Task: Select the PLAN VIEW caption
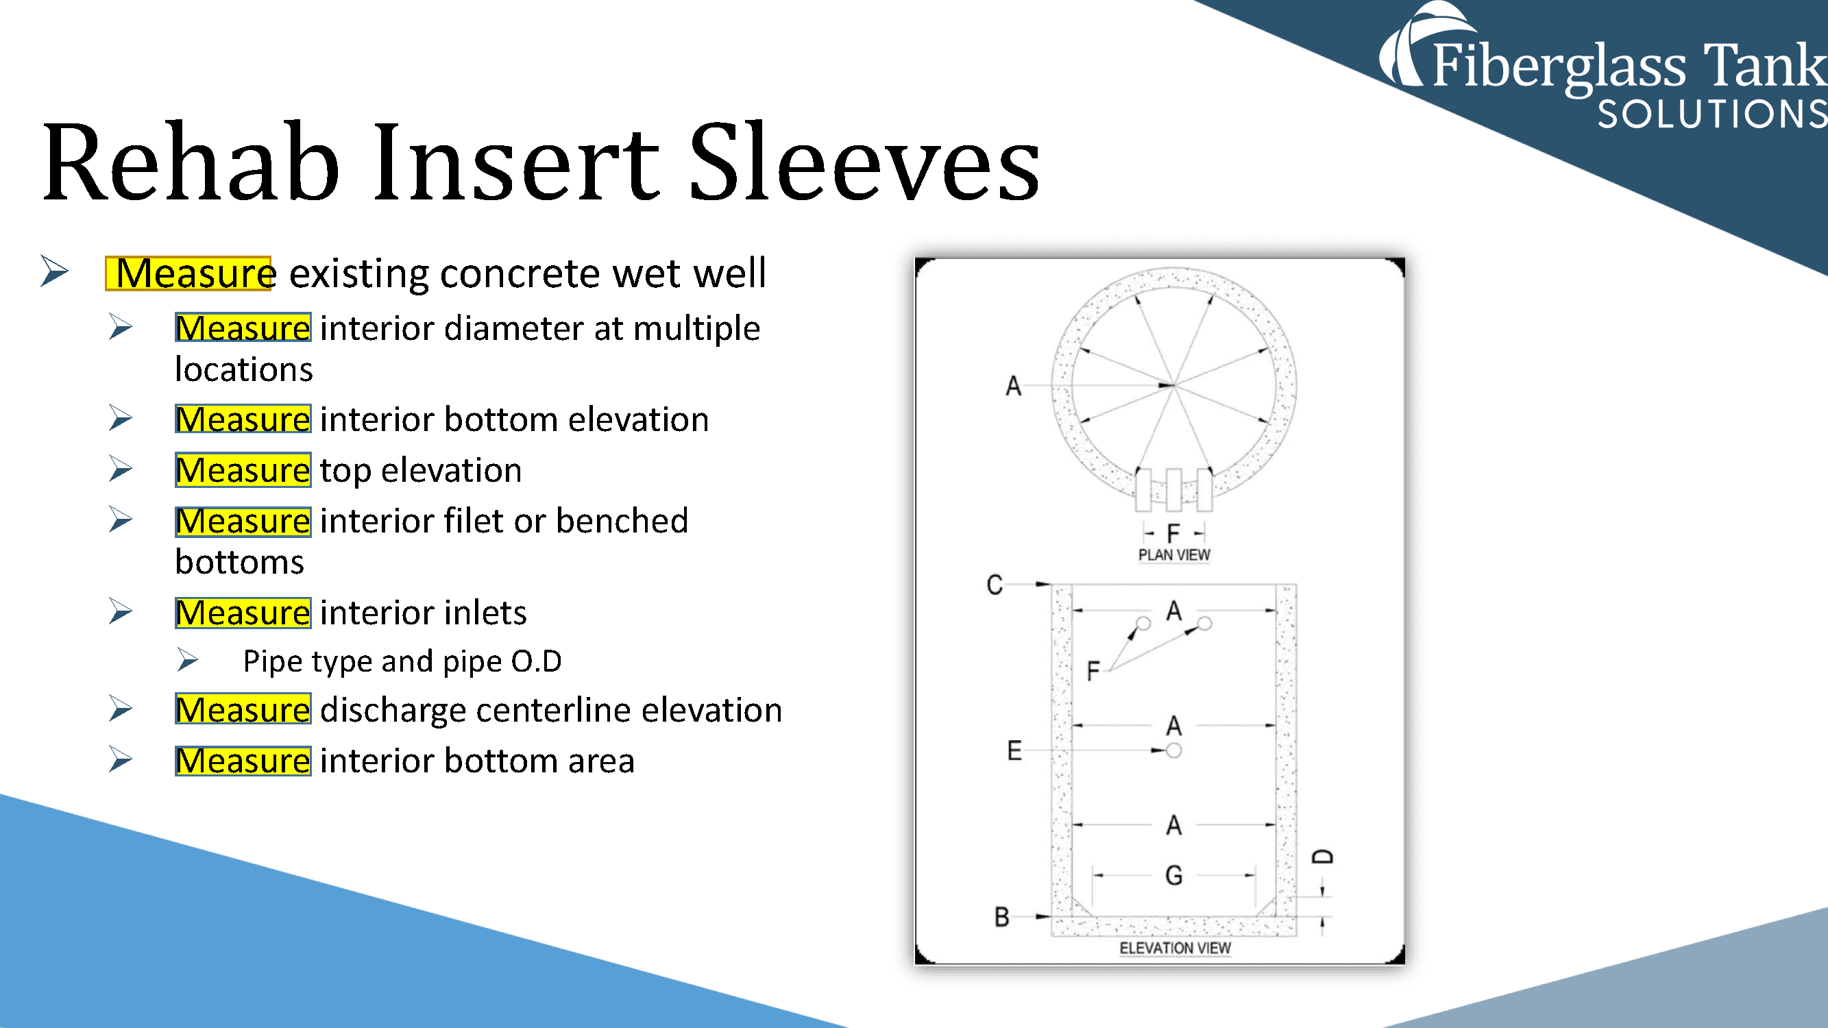pos(1173,555)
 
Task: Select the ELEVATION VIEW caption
pos(1174,948)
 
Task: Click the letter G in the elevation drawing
pos(1173,875)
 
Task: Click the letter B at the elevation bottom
pos(1001,916)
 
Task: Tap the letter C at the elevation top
pos(994,585)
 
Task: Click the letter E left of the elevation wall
pos(1014,750)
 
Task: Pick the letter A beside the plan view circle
pos(1013,386)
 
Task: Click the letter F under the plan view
pos(1173,533)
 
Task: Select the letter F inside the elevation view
pos(1093,670)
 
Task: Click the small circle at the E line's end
pos(1173,750)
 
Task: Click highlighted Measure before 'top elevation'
pos(243,470)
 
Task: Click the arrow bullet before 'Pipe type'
pos(187,661)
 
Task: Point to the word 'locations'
pos(243,369)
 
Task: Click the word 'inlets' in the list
pos(484,613)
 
